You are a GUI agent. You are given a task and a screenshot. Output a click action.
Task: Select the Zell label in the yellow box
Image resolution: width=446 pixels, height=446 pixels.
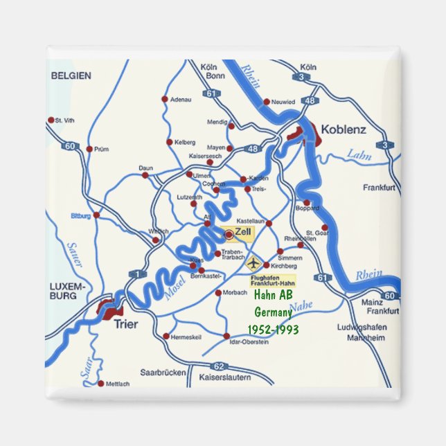pos(243,232)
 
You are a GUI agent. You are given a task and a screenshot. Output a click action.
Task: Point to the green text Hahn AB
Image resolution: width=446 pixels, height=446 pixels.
pos(273,296)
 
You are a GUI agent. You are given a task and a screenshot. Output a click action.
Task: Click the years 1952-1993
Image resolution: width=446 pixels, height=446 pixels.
pos(273,329)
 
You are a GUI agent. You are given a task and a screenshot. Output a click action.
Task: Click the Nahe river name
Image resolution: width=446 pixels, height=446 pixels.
pos(301,306)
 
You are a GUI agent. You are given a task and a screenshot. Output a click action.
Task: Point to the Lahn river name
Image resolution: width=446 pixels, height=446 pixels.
pos(359,154)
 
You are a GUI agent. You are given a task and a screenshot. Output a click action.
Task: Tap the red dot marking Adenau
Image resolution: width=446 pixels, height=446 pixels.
pos(165,99)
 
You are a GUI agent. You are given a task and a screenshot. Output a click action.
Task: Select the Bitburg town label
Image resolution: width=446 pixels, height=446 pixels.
pos(80,216)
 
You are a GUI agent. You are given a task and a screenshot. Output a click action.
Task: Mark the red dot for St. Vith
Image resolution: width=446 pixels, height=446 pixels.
pos(51,120)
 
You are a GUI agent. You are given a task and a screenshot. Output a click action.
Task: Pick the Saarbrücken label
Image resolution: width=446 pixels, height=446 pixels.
pos(163,372)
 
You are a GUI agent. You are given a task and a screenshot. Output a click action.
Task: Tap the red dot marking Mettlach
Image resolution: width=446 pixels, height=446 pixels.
pos(101,383)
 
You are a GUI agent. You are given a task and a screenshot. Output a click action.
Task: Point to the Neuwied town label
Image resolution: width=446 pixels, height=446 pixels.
pos(283,102)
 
